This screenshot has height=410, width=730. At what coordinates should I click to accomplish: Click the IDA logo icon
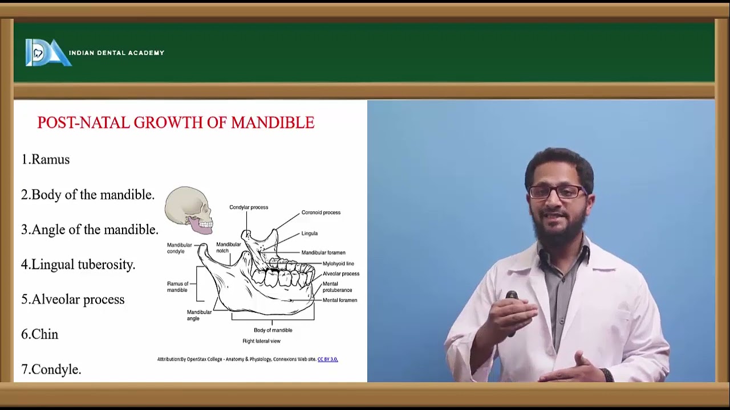coord(47,53)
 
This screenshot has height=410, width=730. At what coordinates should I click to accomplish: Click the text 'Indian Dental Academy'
coord(116,53)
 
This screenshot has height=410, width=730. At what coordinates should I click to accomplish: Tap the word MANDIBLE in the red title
coord(273,123)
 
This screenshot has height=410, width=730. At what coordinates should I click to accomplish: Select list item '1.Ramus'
coord(46,159)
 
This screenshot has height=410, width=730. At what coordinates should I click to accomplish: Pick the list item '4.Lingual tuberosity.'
coord(78,264)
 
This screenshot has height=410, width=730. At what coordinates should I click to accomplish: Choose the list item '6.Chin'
coord(40,334)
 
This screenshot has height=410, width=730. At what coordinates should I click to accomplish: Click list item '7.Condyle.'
coord(51,370)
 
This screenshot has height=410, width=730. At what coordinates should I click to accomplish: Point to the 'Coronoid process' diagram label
coord(321,212)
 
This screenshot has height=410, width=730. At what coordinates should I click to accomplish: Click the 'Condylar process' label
coord(249,207)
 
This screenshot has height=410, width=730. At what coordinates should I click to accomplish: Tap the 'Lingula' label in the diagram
coord(310,233)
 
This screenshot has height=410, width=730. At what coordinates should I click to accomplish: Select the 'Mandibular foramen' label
coord(323,253)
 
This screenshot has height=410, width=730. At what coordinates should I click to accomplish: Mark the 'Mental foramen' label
coord(340,300)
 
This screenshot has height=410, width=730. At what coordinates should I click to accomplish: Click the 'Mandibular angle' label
coord(199,315)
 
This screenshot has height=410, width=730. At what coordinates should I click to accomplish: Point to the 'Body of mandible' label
coord(273,330)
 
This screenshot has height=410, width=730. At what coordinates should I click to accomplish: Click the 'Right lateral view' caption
coord(261,341)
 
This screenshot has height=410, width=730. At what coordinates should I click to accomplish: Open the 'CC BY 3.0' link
coord(327,359)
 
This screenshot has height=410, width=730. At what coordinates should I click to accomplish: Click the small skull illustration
coord(189,210)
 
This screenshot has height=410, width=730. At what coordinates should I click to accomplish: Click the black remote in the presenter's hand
coord(512,298)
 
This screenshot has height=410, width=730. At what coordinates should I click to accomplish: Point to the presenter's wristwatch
coord(606,375)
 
